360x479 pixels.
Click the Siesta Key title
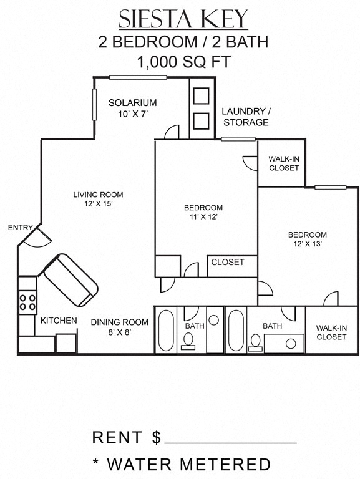pyautogui.click(x=183, y=19)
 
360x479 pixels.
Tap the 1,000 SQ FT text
pyautogui.click(x=183, y=62)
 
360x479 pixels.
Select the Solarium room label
pyautogui.click(x=132, y=107)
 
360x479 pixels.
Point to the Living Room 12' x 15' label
pyautogui.click(x=98, y=199)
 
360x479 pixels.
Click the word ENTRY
pyautogui.click(x=20, y=228)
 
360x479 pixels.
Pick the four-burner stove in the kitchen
pyautogui.click(x=27, y=302)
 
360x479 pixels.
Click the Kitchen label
pyautogui.click(x=59, y=321)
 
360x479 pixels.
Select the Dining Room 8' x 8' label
pyautogui.click(x=120, y=327)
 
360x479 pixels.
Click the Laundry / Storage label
pyautogui.click(x=246, y=117)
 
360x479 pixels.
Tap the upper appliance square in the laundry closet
pyautogui.click(x=201, y=96)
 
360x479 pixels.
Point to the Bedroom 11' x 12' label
pyautogui.click(x=203, y=212)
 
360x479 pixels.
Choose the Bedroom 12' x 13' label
pyautogui.click(x=307, y=239)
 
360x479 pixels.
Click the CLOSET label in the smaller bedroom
pyautogui.click(x=228, y=263)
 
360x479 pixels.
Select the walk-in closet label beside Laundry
pyautogui.click(x=284, y=163)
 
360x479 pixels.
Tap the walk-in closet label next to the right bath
pyautogui.click(x=331, y=332)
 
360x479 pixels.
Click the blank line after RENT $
pyautogui.click(x=230, y=440)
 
